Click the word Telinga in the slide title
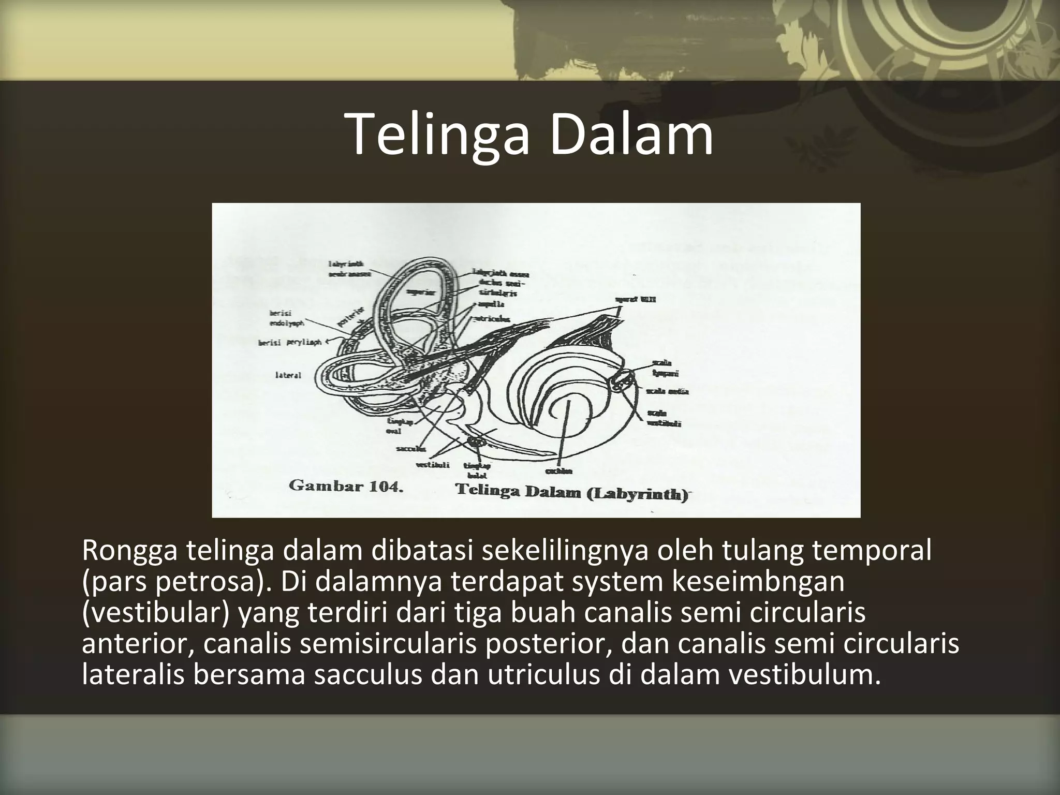point(440,134)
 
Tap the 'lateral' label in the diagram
point(288,375)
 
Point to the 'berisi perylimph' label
point(290,342)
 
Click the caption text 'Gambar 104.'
point(346,487)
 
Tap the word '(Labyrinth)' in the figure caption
point(638,493)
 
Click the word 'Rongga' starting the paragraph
point(130,552)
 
